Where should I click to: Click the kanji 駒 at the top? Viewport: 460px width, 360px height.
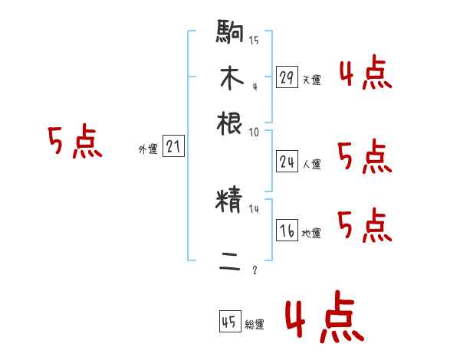(230, 33)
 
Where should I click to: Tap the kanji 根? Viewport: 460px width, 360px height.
(230, 123)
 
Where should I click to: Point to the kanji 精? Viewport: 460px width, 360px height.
(230, 201)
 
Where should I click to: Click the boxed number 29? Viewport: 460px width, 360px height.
(287, 77)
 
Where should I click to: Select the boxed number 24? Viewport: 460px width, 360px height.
(287, 162)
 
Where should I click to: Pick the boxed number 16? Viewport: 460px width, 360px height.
(287, 231)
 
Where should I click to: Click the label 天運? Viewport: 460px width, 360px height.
(311, 80)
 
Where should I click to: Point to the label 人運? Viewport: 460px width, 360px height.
(311, 164)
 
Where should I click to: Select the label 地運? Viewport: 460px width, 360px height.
(311, 233)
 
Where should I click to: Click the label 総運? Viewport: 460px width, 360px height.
(254, 325)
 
